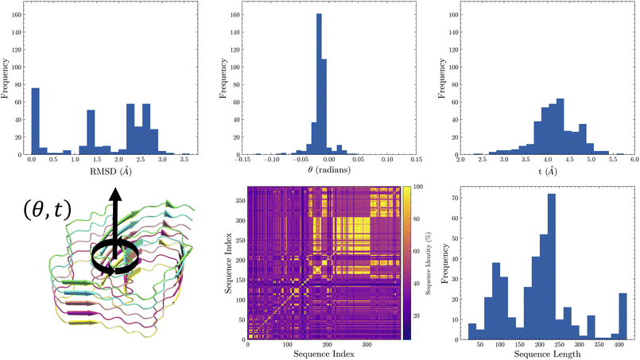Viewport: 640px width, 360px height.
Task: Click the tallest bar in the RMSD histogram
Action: click(35, 121)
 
